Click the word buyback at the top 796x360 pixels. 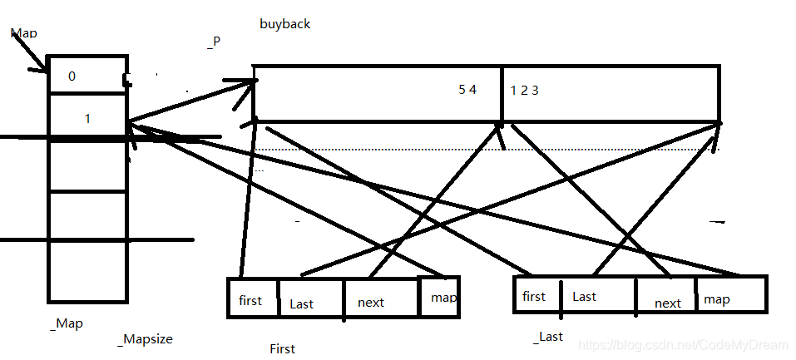click(x=284, y=24)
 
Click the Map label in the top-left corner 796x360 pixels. click(x=24, y=33)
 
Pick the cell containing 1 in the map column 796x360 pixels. click(x=87, y=119)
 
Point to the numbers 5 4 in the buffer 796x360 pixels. click(x=467, y=90)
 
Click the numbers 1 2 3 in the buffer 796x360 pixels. click(x=524, y=90)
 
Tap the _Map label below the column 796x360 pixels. click(x=67, y=323)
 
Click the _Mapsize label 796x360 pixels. click(x=145, y=339)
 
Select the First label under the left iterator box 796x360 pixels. click(x=282, y=348)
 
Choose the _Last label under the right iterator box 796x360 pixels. click(x=548, y=336)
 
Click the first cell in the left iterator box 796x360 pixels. click(x=250, y=300)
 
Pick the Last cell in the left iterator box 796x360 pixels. click(x=301, y=303)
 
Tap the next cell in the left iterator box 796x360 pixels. click(x=371, y=303)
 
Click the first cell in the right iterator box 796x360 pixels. click(x=534, y=296)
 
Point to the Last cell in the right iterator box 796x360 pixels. click(x=584, y=296)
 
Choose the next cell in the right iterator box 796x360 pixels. click(x=667, y=303)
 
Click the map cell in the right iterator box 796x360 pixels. click(x=717, y=298)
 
